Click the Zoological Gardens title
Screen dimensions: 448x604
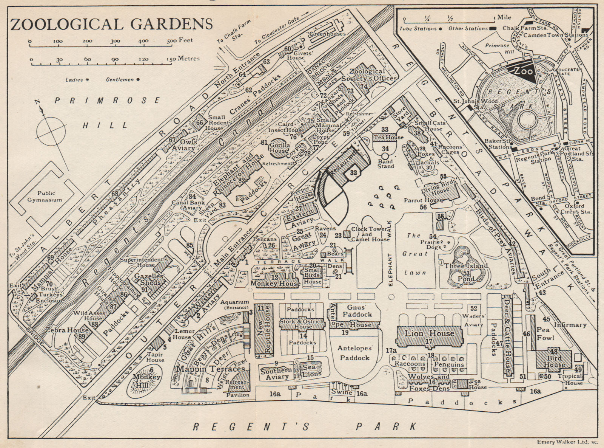pos(111,23)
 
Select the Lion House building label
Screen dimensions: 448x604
pos(430,333)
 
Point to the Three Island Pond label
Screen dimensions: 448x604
pos(466,266)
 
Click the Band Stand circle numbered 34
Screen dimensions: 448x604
pos(385,156)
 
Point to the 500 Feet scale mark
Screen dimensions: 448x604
pos(172,41)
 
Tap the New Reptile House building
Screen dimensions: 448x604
pos(263,329)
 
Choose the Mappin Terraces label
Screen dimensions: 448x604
pos(210,368)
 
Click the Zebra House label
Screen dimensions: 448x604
pos(67,330)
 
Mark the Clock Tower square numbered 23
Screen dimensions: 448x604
pos(346,234)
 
